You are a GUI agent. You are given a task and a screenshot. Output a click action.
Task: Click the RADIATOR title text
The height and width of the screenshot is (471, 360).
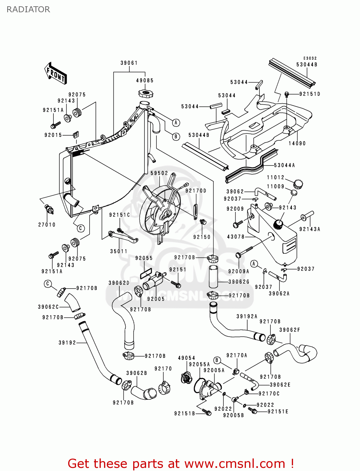pyautogui.click(x=28, y=9)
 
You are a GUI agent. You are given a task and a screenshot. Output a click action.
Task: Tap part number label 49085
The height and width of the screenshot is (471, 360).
pyautogui.click(x=145, y=81)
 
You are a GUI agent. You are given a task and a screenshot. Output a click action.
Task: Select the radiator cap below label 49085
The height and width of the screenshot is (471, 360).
pyautogui.click(x=145, y=93)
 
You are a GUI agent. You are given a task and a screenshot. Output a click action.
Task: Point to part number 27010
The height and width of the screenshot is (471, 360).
pyautogui.click(x=47, y=225)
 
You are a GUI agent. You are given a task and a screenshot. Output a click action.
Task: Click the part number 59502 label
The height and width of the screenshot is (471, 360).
pyautogui.click(x=159, y=173)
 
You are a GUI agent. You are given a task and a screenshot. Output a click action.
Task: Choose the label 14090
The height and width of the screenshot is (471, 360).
pyautogui.click(x=297, y=143)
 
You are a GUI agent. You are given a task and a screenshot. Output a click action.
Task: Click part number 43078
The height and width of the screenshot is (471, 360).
pyautogui.click(x=236, y=237)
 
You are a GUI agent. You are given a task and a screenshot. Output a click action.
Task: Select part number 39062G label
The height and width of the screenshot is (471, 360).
pyautogui.click(x=239, y=282)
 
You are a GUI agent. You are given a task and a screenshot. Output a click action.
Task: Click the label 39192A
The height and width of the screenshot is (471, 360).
pyautogui.click(x=247, y=317)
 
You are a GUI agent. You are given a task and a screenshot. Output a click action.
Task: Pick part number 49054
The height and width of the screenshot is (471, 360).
pyautogui.click(x=187, y=358)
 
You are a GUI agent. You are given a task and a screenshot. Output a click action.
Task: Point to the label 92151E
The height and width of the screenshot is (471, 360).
pyautogui.click(x=278, y=412)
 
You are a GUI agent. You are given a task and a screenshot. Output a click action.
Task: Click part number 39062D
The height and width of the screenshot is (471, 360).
pyautogui.click(x=119, y=283)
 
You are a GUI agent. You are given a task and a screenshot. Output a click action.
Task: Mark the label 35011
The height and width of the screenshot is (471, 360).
pyautogui.click(x=119, y=252)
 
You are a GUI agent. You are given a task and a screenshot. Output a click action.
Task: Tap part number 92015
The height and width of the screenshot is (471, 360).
pyautogui.click(x=53, y=135)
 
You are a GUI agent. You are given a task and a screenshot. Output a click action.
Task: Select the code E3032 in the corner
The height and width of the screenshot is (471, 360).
pyautogui.click(x=310, y=58)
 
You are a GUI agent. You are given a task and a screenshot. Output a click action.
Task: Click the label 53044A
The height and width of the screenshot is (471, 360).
pyautogui.click(x=284, y=165)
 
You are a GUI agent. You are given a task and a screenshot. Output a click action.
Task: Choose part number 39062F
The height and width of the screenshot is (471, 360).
pyautogui.click(x=290, y=330)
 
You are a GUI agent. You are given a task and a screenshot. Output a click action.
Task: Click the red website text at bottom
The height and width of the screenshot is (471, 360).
pyautogui.click(x=181, y=463)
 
